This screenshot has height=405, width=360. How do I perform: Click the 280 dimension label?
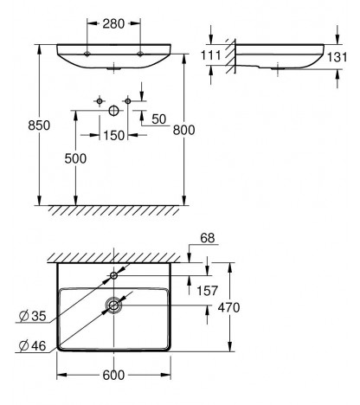(x=113, y=23)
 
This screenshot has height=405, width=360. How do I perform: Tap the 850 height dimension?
(x=39, y=125)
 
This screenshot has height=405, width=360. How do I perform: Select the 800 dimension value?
(x=183, y=130)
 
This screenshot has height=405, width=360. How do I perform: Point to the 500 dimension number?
(x=75, y=158)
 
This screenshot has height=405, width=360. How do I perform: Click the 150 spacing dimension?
(x=113, y=136)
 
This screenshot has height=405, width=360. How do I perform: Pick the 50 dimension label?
(x=159, y=119)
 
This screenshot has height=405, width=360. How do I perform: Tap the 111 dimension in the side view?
(x=210, y=55)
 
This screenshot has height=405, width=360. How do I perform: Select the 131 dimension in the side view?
(x=337, y=57)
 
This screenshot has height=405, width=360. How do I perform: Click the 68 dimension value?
(x=208, y=238)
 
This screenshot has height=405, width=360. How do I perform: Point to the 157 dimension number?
(x=207, y=291)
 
